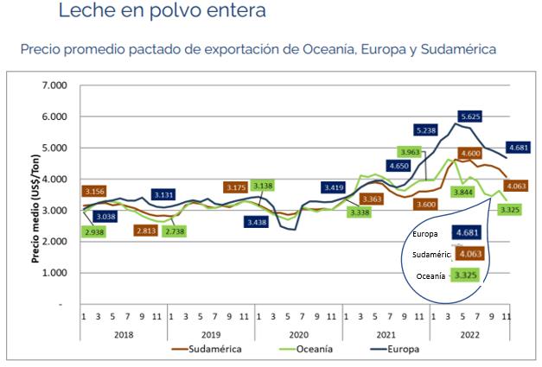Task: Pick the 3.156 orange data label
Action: pyautogui.click(x=95, y=191)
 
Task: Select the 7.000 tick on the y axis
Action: pyautogui.click(x=54, y=86)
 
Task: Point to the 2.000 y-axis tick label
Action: pyautogui.click(x=54, y=242)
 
